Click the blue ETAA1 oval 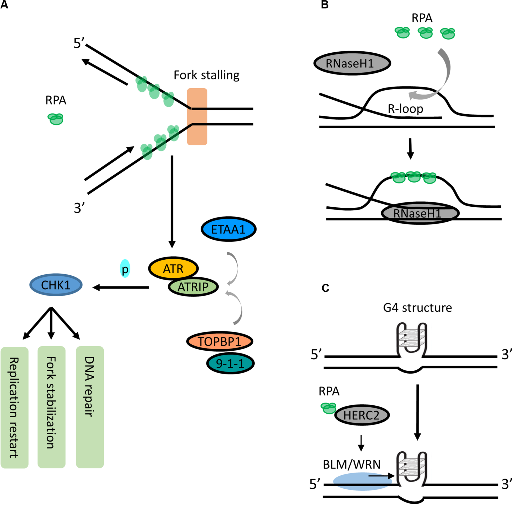pos(228,229)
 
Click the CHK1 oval pos(56,285)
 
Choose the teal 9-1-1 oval pos(230,363)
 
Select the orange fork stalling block pos(197,117)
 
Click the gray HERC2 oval pos(362,415)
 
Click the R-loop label pos(405,109)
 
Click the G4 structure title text pos(417,308)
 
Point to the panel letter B pos(325,5)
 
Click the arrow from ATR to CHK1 pos(121,288)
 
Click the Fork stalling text pos(206,75)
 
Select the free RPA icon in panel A pos(56,119)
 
